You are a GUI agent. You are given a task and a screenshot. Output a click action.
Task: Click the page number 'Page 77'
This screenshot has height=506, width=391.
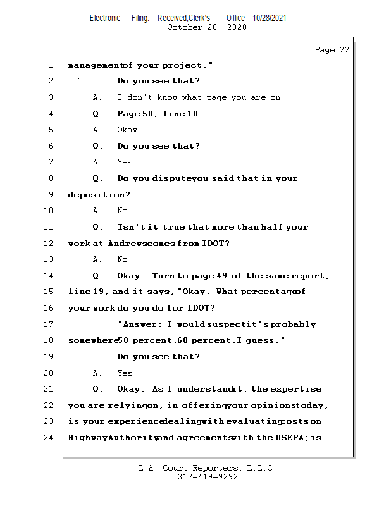point(332,50)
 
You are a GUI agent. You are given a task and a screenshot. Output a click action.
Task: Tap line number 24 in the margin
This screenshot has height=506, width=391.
point(50,437)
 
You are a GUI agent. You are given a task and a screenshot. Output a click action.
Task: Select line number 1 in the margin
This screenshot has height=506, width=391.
point(50,65)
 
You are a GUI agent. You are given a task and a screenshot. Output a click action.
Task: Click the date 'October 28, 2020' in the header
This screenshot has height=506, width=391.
point(206,27)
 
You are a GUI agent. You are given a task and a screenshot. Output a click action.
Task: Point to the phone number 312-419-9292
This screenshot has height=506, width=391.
point(208,477)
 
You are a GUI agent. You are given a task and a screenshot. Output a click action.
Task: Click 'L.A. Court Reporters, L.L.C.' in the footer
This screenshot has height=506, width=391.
point(208,468)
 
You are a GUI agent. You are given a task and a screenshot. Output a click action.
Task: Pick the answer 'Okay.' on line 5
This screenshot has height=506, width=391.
point(130,130)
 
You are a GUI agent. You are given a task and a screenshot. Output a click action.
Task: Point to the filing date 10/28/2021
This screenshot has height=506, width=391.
point(270,18)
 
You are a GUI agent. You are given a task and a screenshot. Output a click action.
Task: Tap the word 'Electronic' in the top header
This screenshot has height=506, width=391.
point(105,18)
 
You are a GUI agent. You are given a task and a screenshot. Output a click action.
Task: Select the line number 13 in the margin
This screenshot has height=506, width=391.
point(50,259)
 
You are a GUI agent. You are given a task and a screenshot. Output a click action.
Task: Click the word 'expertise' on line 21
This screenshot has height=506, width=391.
point(296,389)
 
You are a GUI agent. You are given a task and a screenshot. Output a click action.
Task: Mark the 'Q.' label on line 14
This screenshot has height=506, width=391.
point(97,276)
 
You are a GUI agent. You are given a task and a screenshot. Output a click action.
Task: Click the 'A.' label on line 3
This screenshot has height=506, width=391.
point(97,97)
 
